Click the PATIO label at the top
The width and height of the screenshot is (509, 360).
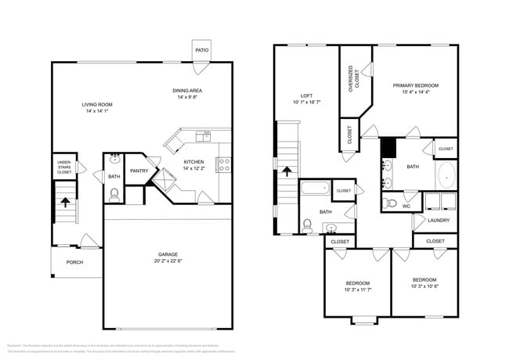[x=202, y=51]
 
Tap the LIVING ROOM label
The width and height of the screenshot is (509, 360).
[x=98, y=104]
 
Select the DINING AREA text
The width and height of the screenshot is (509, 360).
[x=188, y=91]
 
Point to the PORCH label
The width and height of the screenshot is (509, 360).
[x=74, y=262]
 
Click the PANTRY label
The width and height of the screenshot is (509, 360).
[x=139, y=171]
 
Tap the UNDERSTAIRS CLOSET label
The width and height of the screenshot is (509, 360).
[x=64, y=166]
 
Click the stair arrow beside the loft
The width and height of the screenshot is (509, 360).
[x=287, y=171]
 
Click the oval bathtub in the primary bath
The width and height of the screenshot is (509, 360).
[x=446, y=177]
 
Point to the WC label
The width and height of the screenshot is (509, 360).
[x=406, y=206]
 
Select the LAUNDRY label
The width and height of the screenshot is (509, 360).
[x=439, y=220]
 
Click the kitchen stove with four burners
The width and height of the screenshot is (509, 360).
[x=224, y=164]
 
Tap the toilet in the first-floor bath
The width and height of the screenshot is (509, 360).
[x=114, y=195]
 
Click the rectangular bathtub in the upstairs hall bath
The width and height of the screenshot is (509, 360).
[x=316, y=188]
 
